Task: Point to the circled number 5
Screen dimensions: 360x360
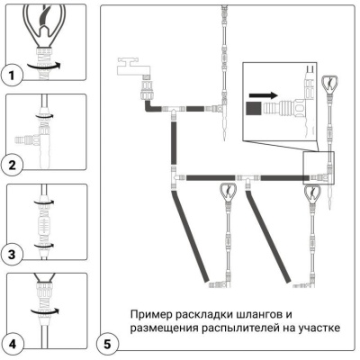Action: (106, 343)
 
